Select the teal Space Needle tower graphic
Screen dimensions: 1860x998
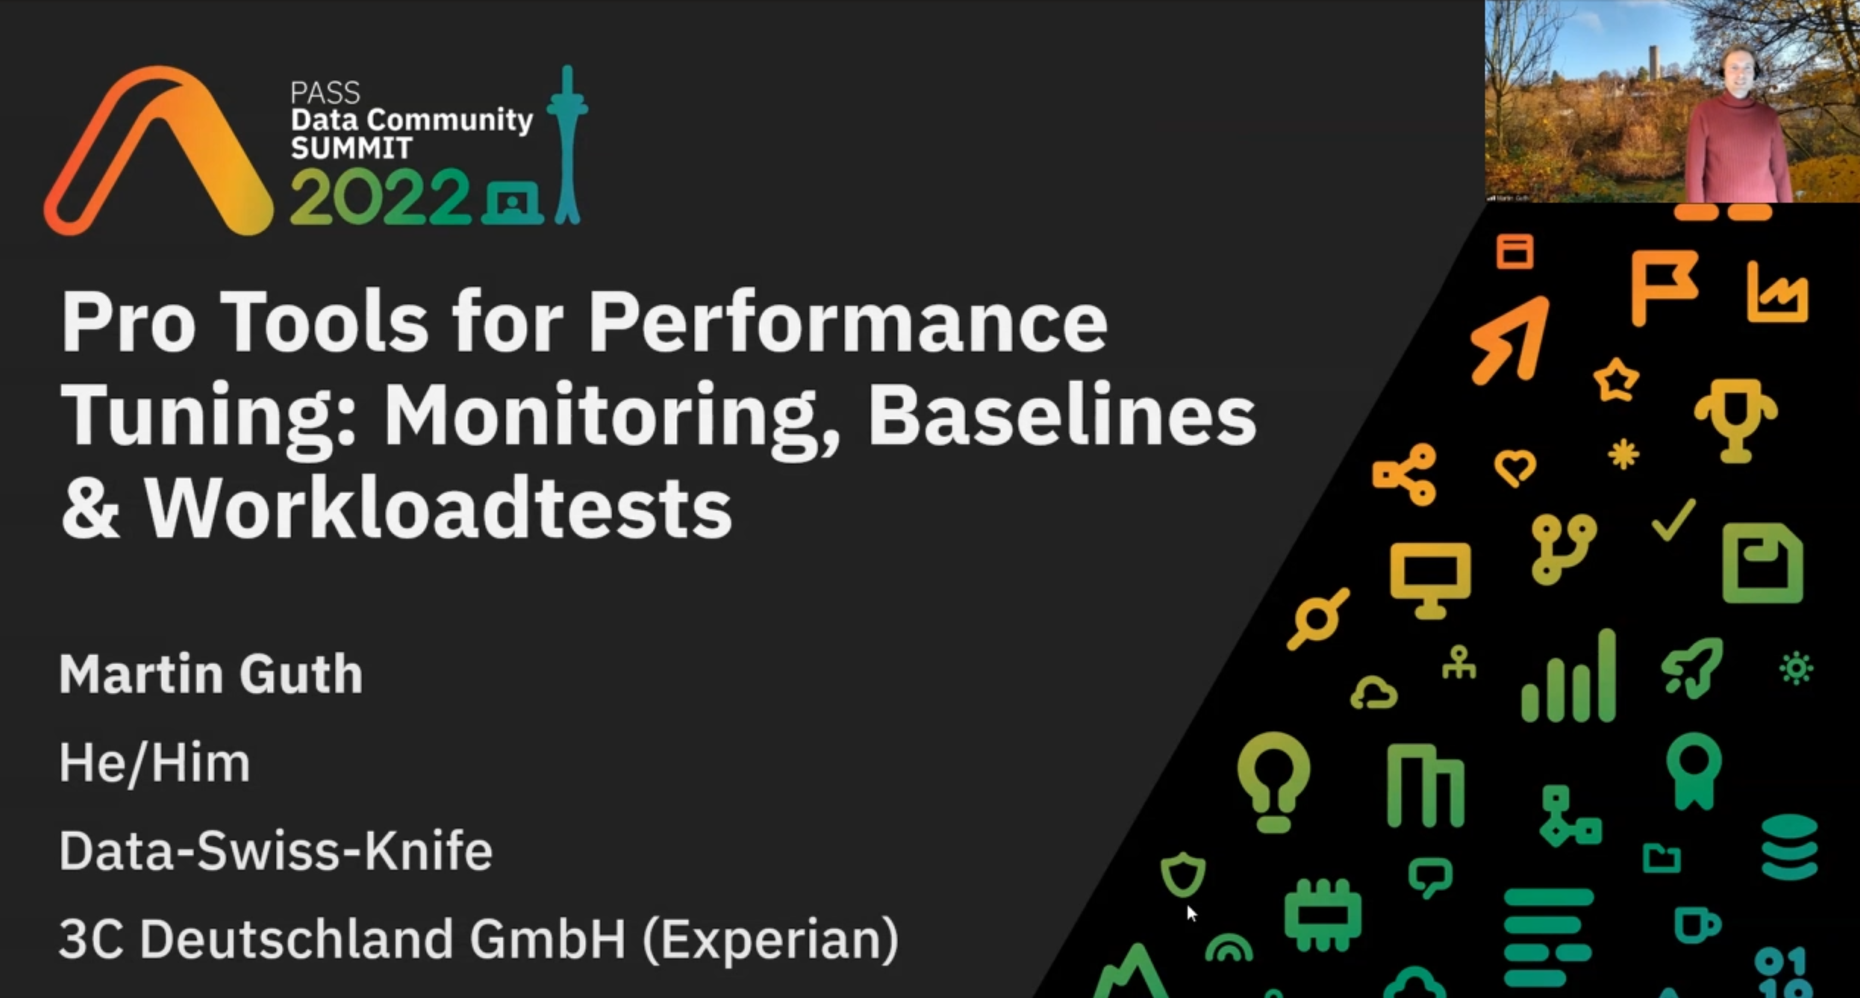pos(567,144)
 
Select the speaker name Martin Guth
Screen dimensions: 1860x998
pos(211,674)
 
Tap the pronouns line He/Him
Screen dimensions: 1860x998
pos(155,762)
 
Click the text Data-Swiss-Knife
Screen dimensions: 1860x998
pos(276,851)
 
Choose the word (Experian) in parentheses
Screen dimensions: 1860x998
pos(771,940)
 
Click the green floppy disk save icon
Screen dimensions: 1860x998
pos(1762,563)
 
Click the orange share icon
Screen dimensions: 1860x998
pos(1405,474)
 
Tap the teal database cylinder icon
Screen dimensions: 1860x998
pos(1789,848)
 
